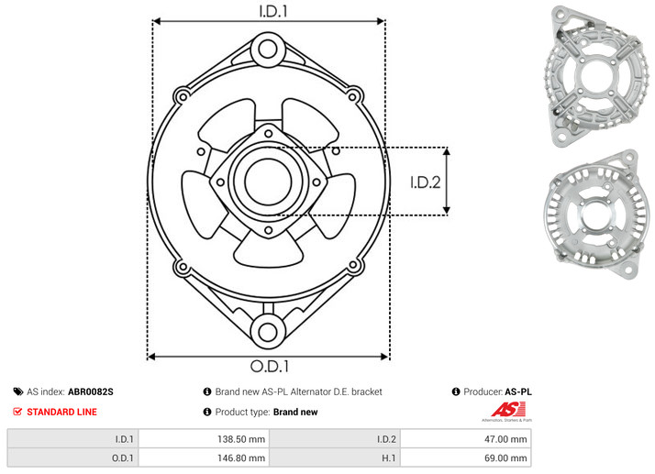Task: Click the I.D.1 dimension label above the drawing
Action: pos(273,11)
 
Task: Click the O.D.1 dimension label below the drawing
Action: pos(270,366)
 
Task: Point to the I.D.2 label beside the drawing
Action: pos(426,182)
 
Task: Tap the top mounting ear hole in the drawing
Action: pos(268,49)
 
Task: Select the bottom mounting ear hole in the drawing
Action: pos(268,332)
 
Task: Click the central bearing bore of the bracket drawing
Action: pos(268,182)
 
